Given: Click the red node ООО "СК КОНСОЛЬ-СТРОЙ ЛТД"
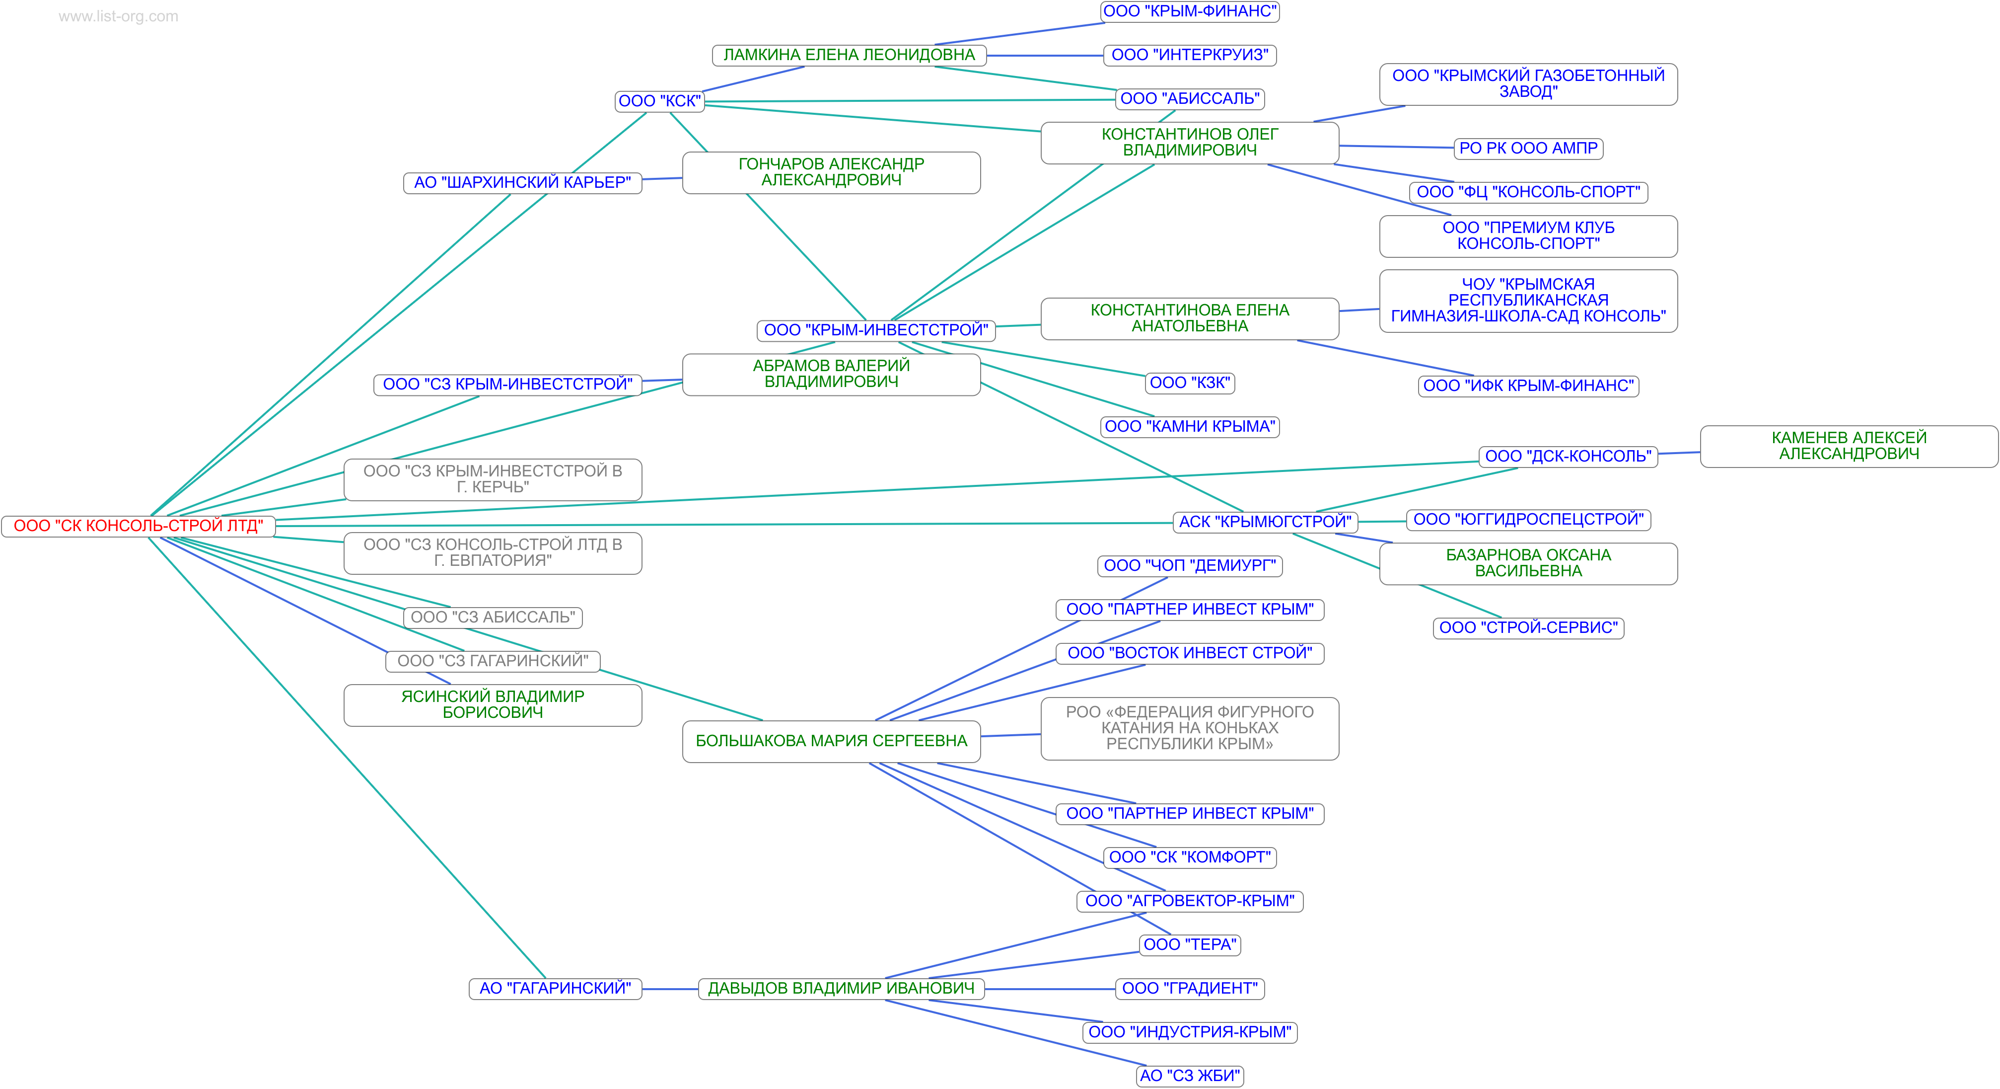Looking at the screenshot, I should pyautogui.click(x=138, y=526).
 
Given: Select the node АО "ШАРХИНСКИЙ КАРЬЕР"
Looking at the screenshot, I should pyautogui.click(x=522, y=182).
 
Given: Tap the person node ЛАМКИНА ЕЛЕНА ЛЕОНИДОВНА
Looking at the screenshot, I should pyautogui.click(x=849, y=55).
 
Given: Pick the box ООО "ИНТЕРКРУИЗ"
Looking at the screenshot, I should pyautogui.click(x=1190, y=55).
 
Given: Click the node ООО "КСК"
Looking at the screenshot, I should pyautogui.click(x=659, y=101).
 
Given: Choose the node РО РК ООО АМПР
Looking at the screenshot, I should pyautogui.click(x=1527, y=149).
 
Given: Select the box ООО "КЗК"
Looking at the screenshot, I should pyautogui.click(x=1190, y=383).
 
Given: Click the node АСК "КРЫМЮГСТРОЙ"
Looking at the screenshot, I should pyautogui.click(x=1265, y=522).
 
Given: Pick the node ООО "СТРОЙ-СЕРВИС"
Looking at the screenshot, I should pyautogui.click(x=1527, y=627).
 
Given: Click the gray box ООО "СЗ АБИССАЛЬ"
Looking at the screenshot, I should pyautogui.click(x=492, y=618).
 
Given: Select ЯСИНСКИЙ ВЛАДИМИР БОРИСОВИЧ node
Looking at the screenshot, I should pyautogui.click(x=492, y=704).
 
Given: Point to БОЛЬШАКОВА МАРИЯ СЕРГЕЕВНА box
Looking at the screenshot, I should pyautogui.click(x=831, y=741).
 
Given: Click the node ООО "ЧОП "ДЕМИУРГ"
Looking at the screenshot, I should pyautogui.click(x=1190, y=565).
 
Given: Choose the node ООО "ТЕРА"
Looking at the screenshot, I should pyautogui.click(x=1190, y=944).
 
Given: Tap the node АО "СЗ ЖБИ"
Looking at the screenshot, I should pyautogui.click(x=1190, y=1076).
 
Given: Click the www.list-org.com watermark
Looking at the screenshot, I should pyautogui.click(x=118, y=16).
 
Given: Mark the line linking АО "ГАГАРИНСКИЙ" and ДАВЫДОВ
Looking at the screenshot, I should pyautogui.click(x=670, y=989).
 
